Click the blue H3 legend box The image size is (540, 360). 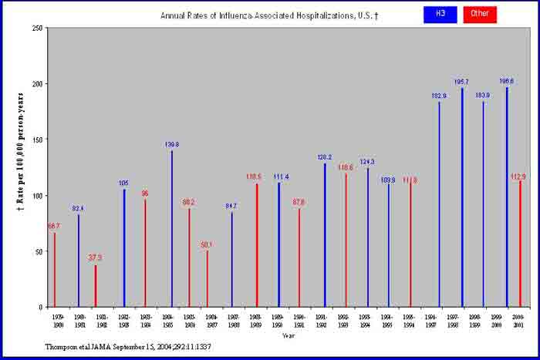click(440, 14)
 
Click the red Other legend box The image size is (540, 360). click(480, 14)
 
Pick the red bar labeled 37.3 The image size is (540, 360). click(96, 286)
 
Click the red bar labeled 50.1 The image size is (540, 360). click(207, 278)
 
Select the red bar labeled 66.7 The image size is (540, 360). click(54, 269)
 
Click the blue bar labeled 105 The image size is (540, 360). click(124, 247)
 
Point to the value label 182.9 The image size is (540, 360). click(439, 96)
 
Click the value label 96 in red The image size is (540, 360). click(144, 193)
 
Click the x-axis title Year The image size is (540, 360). click(288, 335)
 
